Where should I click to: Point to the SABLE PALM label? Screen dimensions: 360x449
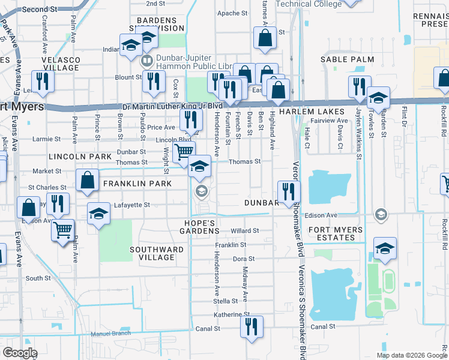point(347,59)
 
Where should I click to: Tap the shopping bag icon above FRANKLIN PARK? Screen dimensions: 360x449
point(88,179)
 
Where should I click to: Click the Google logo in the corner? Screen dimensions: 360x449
point(20,353)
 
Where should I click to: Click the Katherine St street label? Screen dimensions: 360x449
point(231,314)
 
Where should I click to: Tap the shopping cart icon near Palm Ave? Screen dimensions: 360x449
point(62,229)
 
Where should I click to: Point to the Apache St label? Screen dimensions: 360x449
point(229,13)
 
